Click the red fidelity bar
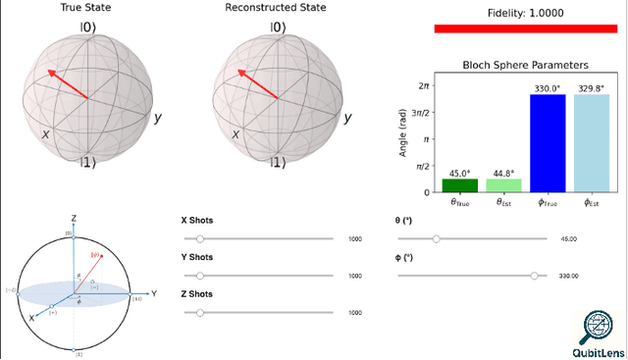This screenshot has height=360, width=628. pyautogui.click(x=525, y=28)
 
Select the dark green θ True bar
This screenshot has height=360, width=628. pyautogui.click(x=459, y=184)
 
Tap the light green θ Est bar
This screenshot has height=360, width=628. pyautogui.click(x=503, y=184)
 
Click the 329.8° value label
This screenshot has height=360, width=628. pyautogui.click(x=592, y=88)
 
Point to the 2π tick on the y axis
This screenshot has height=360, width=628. pyautogui.click(x=423, y=85)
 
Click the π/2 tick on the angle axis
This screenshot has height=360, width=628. pyautogui.click(x=423, y=166)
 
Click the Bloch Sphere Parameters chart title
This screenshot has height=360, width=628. pyautogui.click(x=525, y=65)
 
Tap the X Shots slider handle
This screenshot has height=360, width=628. pyautogui.click(x=200, y=238)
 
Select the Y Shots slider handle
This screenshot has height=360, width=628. pyautogui.click(x=200, y=276)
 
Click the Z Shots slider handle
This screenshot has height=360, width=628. pyautogui.click(x=200, y=313)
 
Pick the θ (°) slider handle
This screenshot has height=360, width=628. pyautogui.click(x=437, y=238)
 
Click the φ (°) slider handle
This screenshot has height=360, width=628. pyautogui.click(x=535, y=276)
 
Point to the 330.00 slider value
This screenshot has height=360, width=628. pyautogui.click(x=567, y=277)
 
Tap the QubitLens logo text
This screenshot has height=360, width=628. pyautogui.click(x=598, y=350)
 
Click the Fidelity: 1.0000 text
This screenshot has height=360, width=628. pyautogui.click(x=525, y=13)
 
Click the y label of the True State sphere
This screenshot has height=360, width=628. pyautogui.click(x=157, y=118)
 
